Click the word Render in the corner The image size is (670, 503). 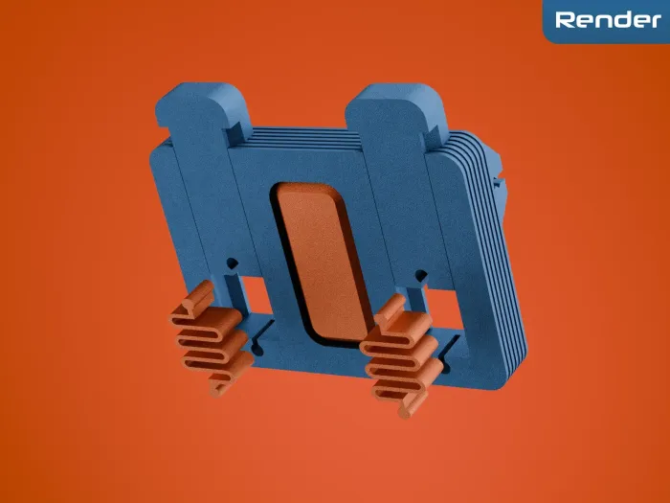coord(608,20)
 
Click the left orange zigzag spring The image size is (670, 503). coord(212,338)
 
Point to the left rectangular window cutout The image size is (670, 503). coord(256,295)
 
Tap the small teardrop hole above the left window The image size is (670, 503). coord(233,263)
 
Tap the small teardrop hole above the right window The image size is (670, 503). coord(421,276)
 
